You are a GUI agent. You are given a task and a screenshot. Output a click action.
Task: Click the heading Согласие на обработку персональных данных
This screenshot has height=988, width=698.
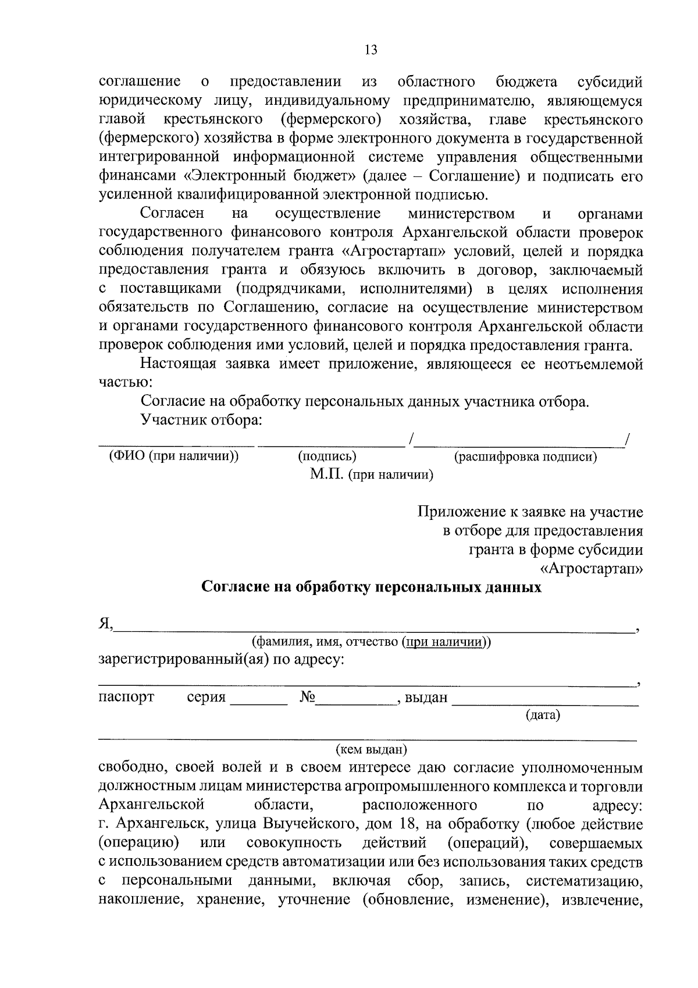(371, 587)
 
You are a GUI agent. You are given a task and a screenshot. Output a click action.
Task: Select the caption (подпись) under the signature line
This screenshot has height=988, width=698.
(327, 457)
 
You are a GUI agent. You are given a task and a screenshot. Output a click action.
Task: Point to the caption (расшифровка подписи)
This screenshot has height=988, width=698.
(525, 457)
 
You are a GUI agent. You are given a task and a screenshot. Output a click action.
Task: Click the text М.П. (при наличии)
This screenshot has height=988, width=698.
(372, 475)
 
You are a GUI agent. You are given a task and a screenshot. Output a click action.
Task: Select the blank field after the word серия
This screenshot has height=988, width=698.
(259, 699)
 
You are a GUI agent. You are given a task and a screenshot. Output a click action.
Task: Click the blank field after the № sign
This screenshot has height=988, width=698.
(355, 699)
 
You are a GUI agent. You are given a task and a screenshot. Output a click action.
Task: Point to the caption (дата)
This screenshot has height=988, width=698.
(542, 714)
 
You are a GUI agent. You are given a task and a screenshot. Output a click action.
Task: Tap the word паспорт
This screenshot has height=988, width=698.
(126, 697)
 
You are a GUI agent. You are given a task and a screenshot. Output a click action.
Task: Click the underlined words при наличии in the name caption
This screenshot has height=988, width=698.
(446, 642)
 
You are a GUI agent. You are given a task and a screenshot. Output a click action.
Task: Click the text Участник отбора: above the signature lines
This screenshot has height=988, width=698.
(201, 420)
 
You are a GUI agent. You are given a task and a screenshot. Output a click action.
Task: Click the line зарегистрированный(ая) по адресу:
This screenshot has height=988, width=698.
(222, 661)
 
